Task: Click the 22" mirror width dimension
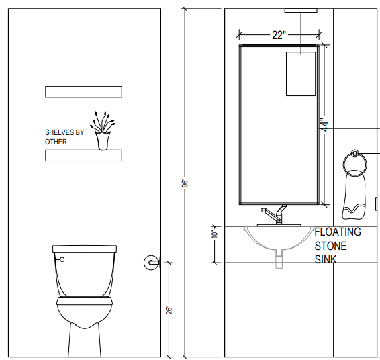(279, 35)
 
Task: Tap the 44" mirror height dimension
(324, 125)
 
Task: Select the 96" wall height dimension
(185, 183)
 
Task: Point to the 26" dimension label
(169, 310)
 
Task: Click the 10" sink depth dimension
(214, 234)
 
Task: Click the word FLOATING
(338, 232)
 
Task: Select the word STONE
(330, 246)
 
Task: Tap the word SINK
(326, 259)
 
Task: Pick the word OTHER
(56, 142)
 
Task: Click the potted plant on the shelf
(103, 131)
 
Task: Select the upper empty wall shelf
(84, 92)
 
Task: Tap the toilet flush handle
(60, 259)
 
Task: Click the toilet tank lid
(85, 249)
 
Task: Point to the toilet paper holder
(152, 263)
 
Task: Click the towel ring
(354, 163)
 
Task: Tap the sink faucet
(277, 215)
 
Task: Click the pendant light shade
(301, 74)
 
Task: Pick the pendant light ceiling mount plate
(301, 11)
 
